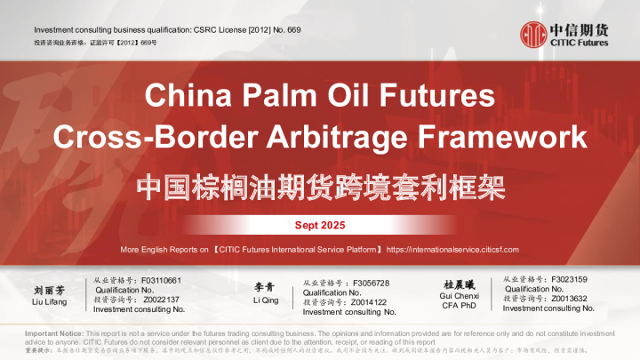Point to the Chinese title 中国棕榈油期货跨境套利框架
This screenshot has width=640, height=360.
coord(319,186)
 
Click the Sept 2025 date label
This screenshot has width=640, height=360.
coord(320,225)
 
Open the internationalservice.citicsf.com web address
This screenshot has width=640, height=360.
coord(453,250)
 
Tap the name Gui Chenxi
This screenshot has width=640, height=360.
coord(461,296)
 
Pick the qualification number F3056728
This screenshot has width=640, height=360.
coord(372,284)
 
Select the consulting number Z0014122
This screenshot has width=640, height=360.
coord(369,302)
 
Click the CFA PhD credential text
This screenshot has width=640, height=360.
coord(461,306)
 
